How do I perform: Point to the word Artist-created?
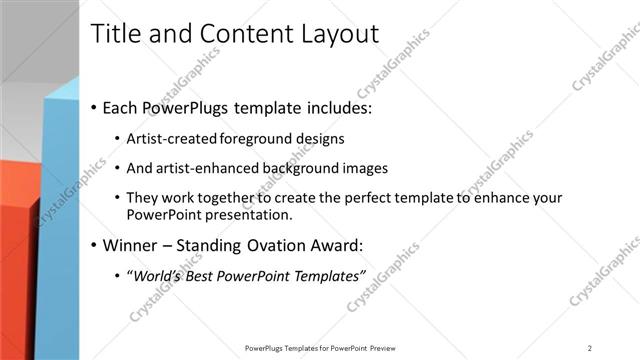(168, 139)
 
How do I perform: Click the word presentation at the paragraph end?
(251, 215)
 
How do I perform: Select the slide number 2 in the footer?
(590, 348)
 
